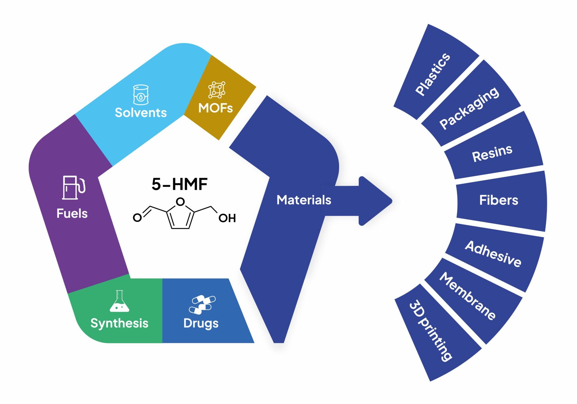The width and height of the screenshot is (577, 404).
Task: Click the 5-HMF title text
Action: (179, 184)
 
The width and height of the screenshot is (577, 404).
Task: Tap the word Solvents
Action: (141, 113)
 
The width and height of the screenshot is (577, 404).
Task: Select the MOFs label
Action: (215, 108)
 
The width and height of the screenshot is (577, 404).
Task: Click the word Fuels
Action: (72, 214)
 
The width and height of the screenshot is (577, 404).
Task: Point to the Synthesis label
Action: (119, 323)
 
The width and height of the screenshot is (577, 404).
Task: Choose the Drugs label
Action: (201, 323)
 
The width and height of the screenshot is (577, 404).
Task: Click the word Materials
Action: (304, 200)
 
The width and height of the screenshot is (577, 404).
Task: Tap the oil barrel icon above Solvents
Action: (141, 95)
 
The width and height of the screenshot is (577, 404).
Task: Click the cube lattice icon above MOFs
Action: (217, 90)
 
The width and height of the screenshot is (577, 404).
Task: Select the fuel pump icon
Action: (73, 188)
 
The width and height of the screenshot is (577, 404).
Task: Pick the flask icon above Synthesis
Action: (120, 301)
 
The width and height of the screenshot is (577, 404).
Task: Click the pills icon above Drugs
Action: (202, 304)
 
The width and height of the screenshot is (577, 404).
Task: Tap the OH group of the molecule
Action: (227, 218)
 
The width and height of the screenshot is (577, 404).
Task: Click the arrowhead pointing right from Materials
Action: (376, 201)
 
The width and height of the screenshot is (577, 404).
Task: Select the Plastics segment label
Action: (433, 74)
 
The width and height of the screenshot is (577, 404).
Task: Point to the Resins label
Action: (492, 153)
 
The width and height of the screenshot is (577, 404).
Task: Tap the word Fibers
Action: (499, 200)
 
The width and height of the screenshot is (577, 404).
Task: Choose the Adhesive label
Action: (493, 254)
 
